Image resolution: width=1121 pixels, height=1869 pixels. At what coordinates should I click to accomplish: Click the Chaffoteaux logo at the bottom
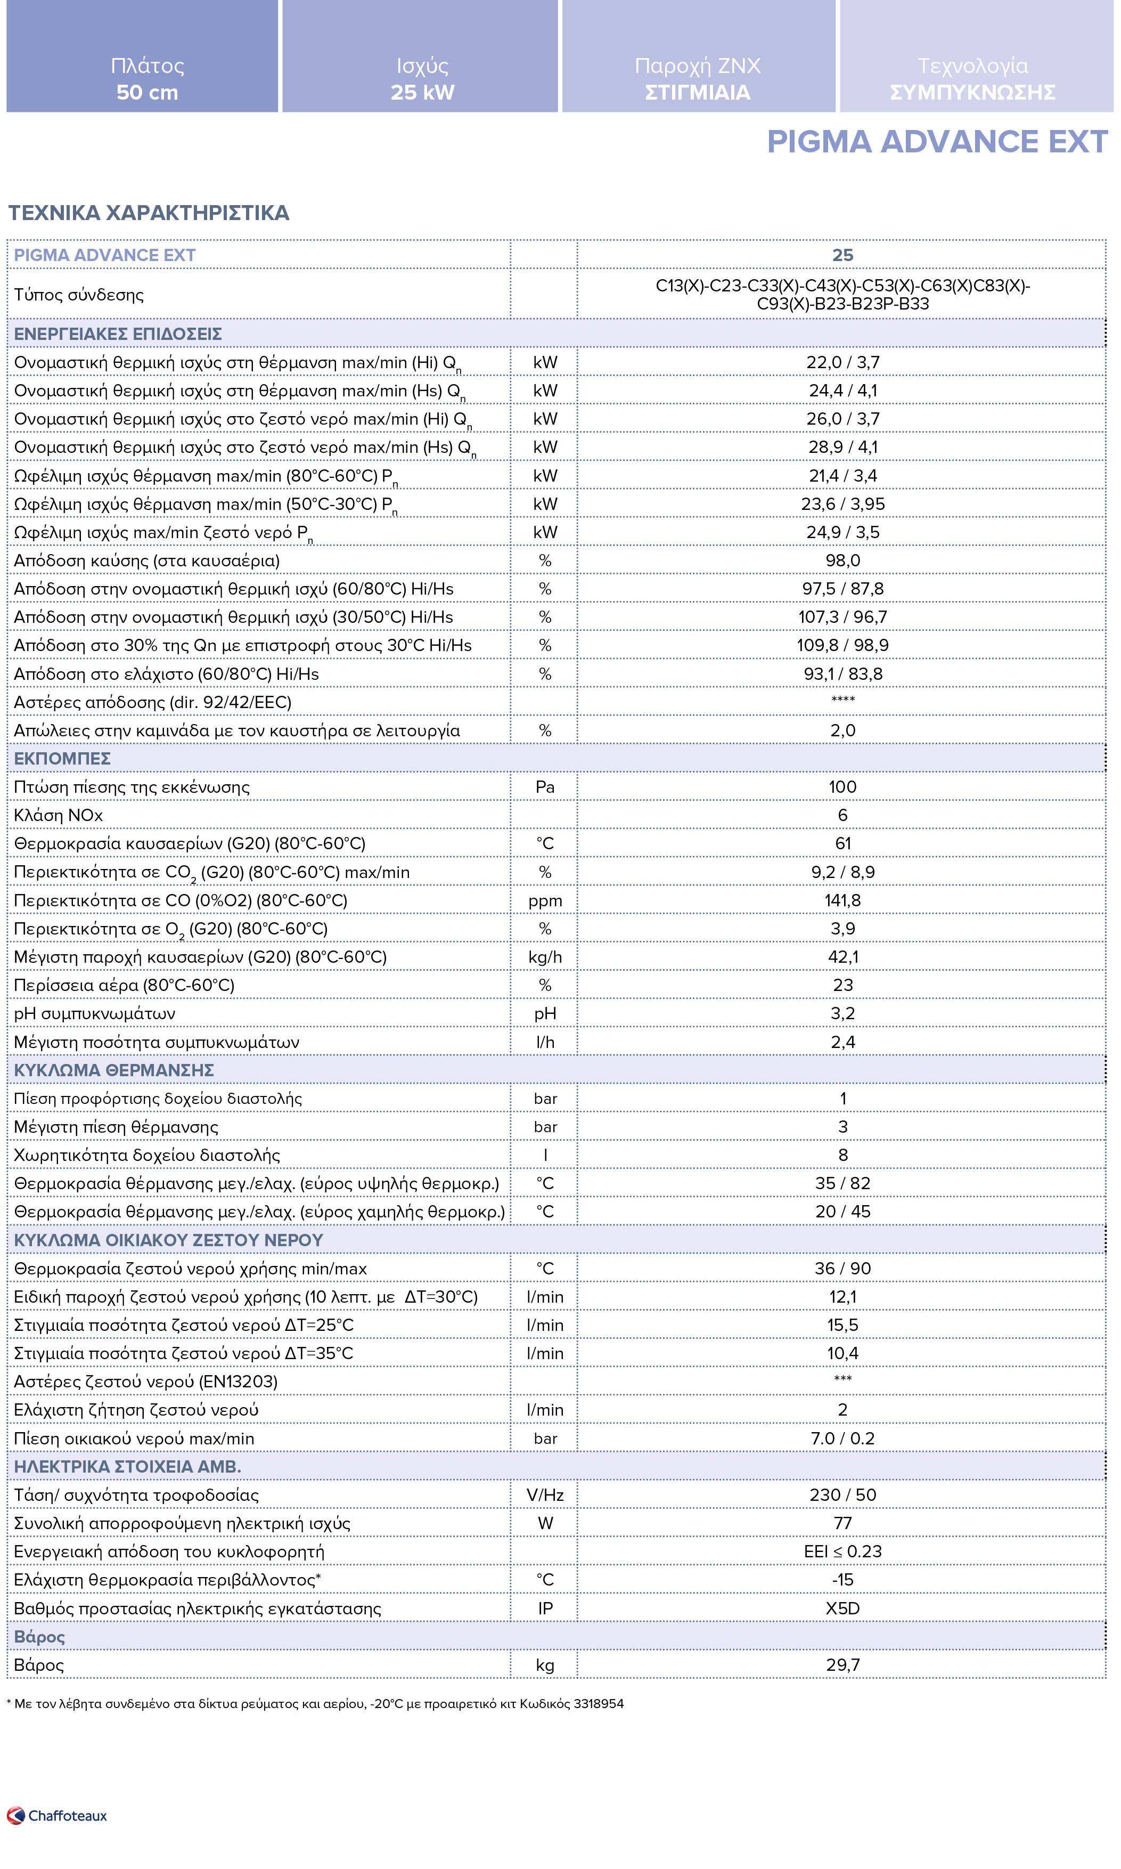pyautogui.click(x=58, y=1815)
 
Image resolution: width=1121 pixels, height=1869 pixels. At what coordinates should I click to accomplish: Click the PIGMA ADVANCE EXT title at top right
pyautogui.click(x=937, y=142)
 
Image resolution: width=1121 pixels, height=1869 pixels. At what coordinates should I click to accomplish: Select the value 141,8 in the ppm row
pyautogui.click(x=842, y=900)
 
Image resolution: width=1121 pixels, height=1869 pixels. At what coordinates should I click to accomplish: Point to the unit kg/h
pyautogui.click(x=545, y=957)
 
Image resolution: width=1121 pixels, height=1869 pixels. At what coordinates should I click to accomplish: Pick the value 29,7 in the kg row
pyautogui.click(x=842, y=1665)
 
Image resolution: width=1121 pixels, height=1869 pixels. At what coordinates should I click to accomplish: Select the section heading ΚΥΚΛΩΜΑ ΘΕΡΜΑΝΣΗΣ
pyautogui.click(x=114, y=1070)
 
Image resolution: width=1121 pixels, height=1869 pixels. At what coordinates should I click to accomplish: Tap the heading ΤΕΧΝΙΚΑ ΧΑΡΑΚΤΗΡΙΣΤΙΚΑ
pyautogui.click(x=149, y=213)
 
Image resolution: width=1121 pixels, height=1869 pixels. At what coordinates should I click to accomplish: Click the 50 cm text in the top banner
pyautogui.click(x=148, y=93)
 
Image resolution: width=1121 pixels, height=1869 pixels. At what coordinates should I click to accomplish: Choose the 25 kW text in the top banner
pyautogui.click(x=422, y=93)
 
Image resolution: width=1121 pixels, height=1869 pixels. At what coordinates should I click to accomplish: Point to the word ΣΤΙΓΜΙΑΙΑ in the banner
pyautogui.click(x=697, y=93)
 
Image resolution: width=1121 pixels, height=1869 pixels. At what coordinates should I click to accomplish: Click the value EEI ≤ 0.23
pyautogui.click(x=842, y=1551)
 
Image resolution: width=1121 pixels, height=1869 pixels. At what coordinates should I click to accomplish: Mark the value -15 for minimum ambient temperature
pyautogui.click(x=842, y=1580)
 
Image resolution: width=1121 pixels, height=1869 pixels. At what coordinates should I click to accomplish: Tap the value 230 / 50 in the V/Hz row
pyautogui.click(x=842, y=1495)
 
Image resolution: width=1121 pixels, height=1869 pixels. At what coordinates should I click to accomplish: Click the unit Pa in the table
pyautogui.click(x=545, y=787)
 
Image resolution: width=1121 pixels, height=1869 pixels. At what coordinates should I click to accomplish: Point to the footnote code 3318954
pyautogui.click(x=598, y=1703)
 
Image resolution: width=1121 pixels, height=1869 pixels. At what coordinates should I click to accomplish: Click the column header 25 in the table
pyautogui.click(x=842, y=255)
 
